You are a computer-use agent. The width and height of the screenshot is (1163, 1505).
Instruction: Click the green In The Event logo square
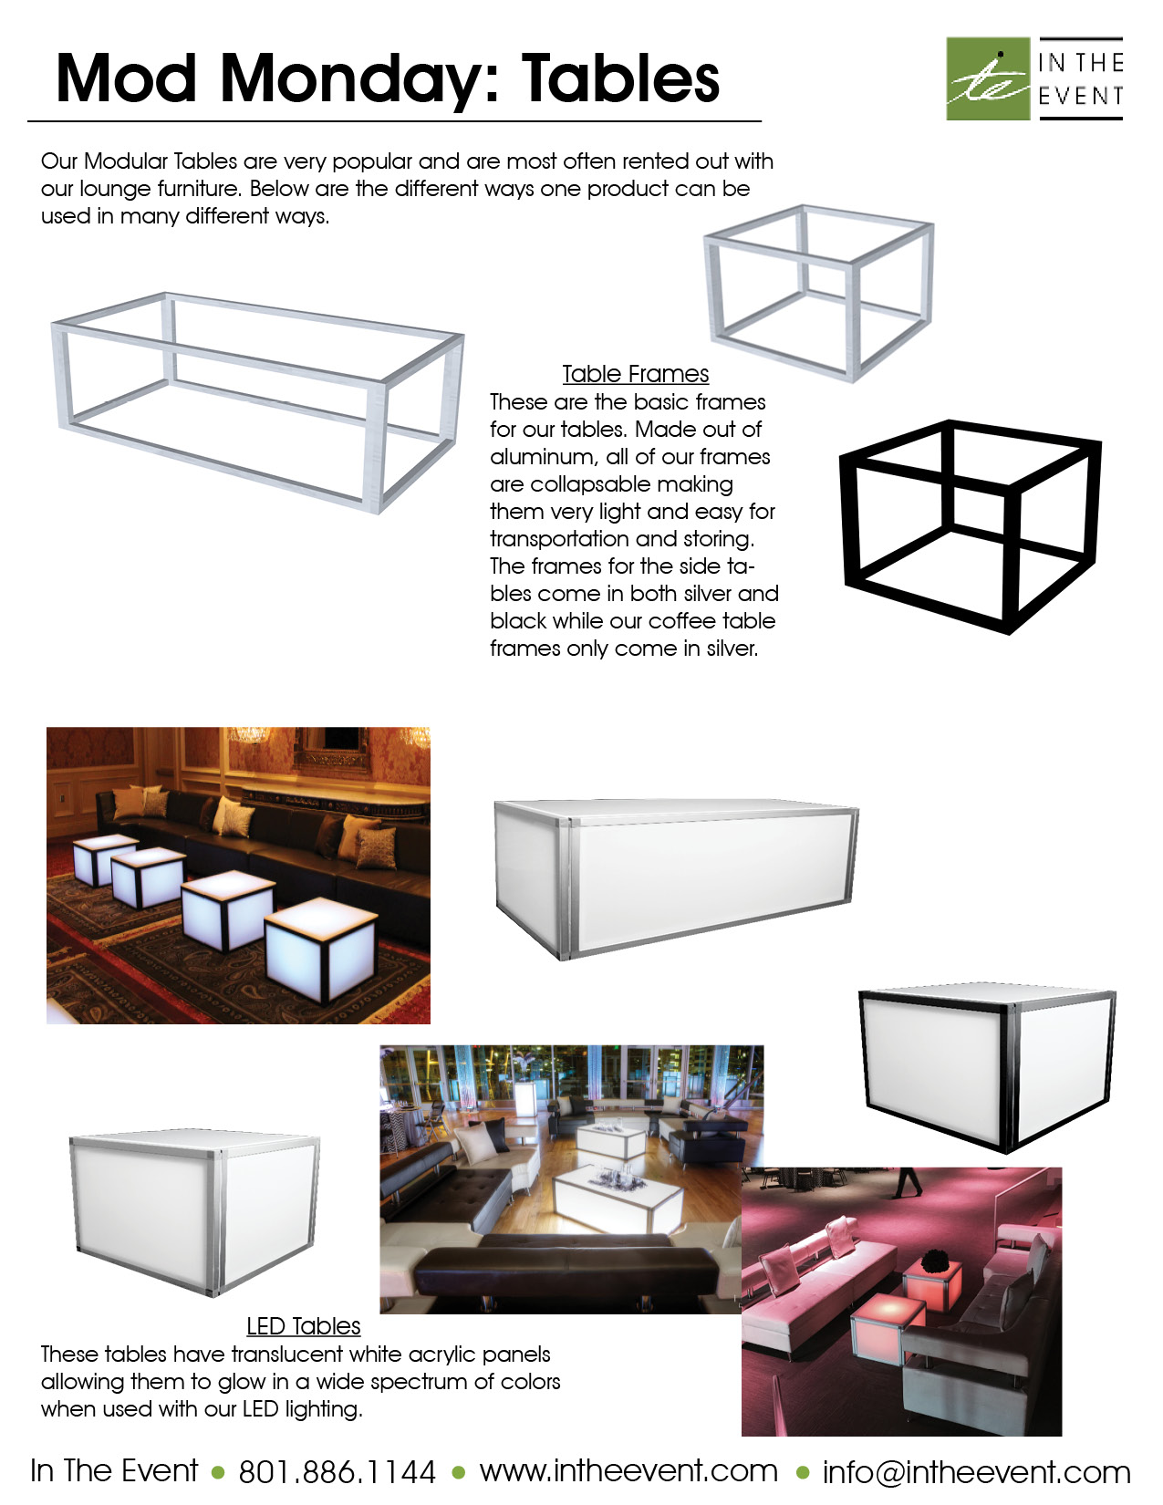click(x=988, y=78)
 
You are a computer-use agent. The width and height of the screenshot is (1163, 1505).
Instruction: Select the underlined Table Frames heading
click(x=635, y=374)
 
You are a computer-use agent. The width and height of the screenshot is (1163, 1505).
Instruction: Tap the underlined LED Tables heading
click(x=303, y=1326)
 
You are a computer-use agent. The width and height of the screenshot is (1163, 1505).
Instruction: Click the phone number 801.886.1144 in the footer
click(x=337, y=1471)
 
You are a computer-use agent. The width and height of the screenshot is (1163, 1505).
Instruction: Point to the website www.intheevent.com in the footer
click(x=628, y=1470)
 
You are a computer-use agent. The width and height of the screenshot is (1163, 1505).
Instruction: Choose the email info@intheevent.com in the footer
click(x=976, y=1471)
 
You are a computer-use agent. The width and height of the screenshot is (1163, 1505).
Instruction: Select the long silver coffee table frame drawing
click(x=258, y=401)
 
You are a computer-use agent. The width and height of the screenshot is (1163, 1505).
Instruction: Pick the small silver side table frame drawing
click(x=819, y=292)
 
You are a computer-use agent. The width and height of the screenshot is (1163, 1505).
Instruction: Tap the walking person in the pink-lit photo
click(x=909, y=1182)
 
